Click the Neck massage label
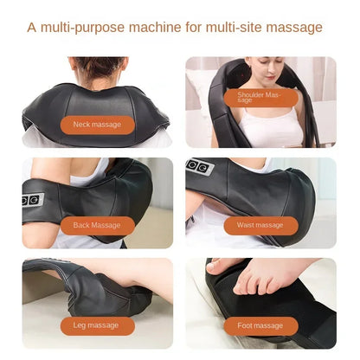[98, 125]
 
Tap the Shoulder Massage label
[260, 97]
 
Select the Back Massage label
[98, 225]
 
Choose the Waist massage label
[260, 225]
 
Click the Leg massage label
[98, 325]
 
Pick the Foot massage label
[260, 325]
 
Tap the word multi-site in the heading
[239, 28]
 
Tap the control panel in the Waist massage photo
[198, 166]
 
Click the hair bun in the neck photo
[98, 66]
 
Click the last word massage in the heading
[296, 28]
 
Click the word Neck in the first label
[82, 125]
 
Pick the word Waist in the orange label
[246, 225]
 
